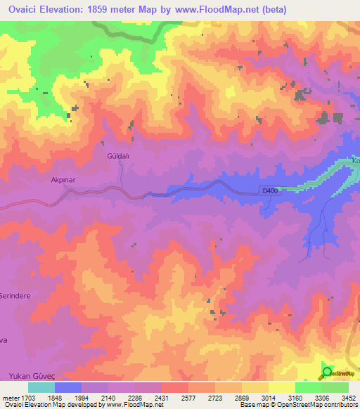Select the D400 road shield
click(270, 190)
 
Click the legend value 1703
click(27, 397)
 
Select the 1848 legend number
click(65, 397)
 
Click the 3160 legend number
click(294, 397)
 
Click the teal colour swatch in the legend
click(41, 387)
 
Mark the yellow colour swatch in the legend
click(282, 387)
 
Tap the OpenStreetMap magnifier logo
click(326, 372)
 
